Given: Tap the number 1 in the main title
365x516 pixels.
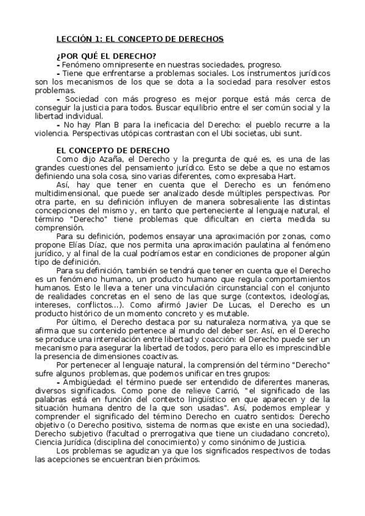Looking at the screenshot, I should coord(96,38).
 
